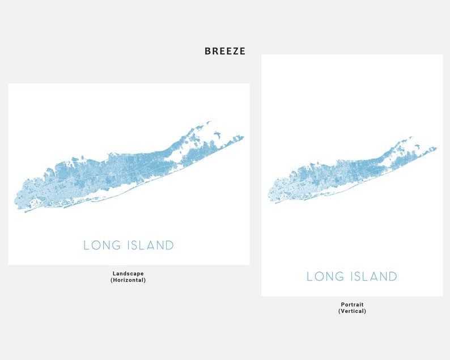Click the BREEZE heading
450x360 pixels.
tap(225, 51)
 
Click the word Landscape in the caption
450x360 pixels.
tap(128, 273)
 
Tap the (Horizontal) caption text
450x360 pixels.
tap(128, 280)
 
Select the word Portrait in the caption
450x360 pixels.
tap(352, 304)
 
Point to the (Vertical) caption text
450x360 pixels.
tap(352, 311)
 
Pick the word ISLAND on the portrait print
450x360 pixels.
tap(374, 277)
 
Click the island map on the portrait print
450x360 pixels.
tap(340, 176)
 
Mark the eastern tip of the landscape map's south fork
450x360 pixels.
tap(243, 137)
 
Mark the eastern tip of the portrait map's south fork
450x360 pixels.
tap(436, 149)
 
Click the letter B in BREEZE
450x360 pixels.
tap(208, 51)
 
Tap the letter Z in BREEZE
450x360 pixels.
tap(235, 51)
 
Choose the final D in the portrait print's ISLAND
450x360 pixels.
tap(393, 277)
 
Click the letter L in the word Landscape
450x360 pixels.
tap(114, 273)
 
